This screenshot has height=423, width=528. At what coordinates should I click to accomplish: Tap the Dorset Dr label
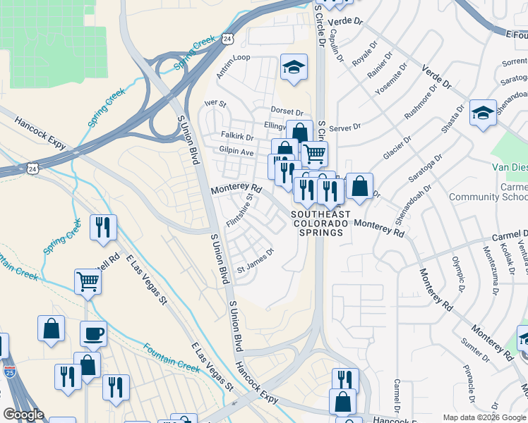click(287, 111)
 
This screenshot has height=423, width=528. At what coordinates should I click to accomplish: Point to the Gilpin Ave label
click(236, 152)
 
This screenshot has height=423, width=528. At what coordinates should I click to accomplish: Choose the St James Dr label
click(254, 260)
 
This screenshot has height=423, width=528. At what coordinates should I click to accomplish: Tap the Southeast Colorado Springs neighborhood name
click(320, 223)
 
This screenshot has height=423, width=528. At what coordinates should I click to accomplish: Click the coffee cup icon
click(93, 333)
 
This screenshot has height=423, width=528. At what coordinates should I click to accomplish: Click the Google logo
click(23, 415)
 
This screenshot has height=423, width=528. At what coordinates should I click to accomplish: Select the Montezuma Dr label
click(491, 269)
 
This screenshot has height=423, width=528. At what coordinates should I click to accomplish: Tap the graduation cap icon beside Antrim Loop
click(294, 68)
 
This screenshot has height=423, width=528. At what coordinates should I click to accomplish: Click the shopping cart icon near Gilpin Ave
click(314, 152)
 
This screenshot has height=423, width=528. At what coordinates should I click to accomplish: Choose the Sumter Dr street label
click(472, 349)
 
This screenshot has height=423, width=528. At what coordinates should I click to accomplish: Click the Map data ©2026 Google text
click(484, 417)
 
